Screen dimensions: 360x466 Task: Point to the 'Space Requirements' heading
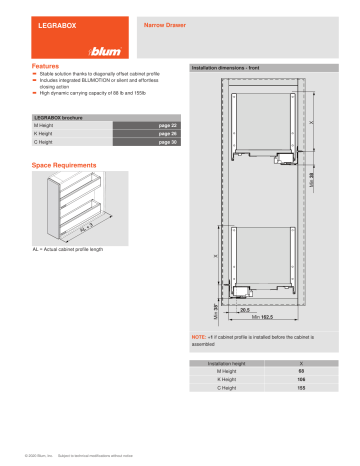[x=64, y=164]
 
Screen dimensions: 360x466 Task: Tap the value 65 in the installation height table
[x=300, y=371]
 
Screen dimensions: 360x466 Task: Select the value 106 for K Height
[x=300, y=380]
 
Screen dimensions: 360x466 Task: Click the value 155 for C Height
[x=300, y=389]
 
